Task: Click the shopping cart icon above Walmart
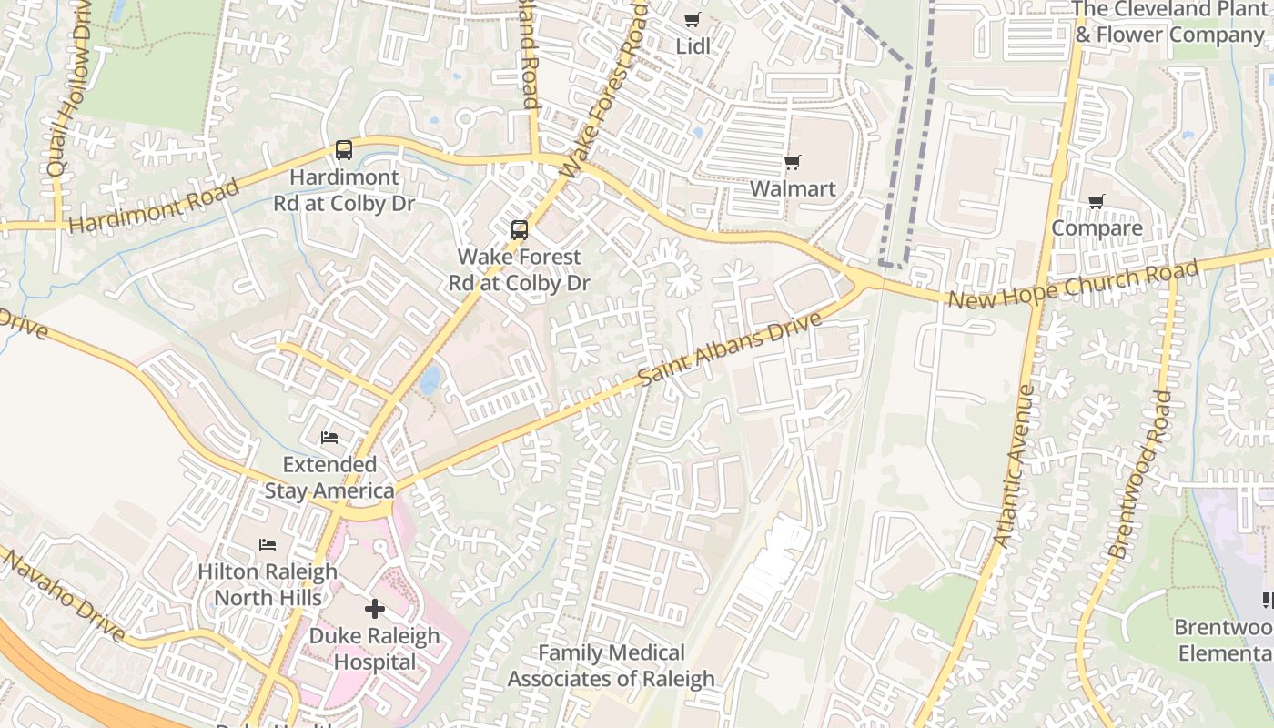point(792,163)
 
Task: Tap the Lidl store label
point(693,45)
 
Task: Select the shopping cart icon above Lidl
point(693,20)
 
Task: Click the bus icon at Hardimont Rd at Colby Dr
point(344,150)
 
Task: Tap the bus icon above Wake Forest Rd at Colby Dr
point(519,230)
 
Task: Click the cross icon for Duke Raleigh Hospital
point(374,609)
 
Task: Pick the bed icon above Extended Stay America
point(329,438)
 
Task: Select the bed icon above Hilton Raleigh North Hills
point(268,545)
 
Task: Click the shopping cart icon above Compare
point(1097,202)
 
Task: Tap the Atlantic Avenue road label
point(1014,466)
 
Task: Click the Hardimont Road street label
point(154,207)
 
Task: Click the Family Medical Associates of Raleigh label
point(611,665)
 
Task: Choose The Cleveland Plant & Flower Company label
point(1169,23)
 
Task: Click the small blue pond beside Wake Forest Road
point(430,379)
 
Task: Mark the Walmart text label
point(792,189)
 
